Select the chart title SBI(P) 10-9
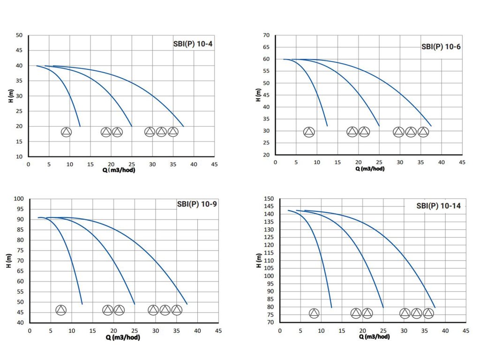196,204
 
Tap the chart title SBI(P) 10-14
438,206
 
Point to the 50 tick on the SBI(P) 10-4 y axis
19,35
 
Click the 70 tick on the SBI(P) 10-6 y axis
266,35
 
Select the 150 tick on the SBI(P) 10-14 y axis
268,199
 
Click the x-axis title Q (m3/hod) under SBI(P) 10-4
121,170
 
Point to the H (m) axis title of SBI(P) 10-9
9,261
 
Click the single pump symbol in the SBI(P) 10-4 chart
66,132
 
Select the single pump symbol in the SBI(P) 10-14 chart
314,313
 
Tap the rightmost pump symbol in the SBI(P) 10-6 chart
423,132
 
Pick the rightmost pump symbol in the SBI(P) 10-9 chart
176,310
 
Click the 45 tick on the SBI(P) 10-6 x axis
462,162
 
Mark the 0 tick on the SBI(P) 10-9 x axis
30,330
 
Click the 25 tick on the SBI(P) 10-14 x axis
383,330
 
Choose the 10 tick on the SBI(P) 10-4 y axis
19,157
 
